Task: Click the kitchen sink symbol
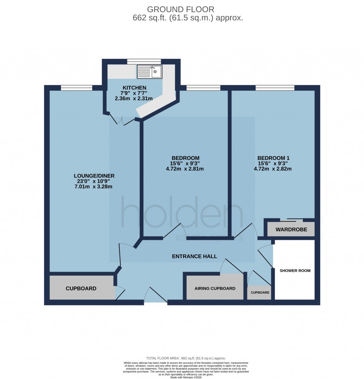point(150,72)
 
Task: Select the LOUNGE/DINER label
point(94,176)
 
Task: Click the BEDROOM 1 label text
point(273,158)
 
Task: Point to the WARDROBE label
point(291,229)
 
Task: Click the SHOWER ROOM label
point(295,271)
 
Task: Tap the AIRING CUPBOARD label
point(215,288)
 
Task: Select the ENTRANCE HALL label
point(194,256)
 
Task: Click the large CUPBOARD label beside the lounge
point(81,288)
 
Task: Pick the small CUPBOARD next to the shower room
point(260,293)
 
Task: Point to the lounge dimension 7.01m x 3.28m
point(94,187)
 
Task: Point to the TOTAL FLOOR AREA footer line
point(186,358)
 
